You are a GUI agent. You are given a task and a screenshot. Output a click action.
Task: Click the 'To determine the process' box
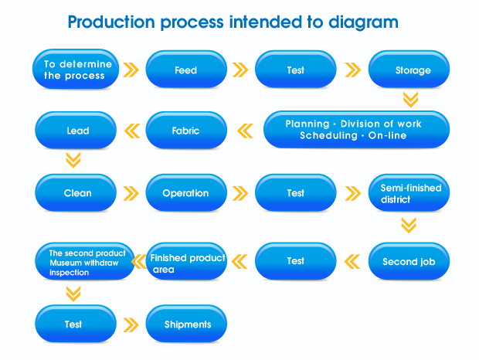tap(76, 69)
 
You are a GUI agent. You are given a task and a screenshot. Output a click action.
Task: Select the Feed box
tap(186, 70)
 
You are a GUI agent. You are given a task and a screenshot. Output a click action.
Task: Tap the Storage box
tap(409, 70)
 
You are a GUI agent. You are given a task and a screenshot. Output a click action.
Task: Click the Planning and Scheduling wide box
tap(356, 130)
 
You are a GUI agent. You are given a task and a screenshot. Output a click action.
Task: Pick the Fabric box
tap(186, 130)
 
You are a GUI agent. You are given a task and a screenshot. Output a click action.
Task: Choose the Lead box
tap(76, 130)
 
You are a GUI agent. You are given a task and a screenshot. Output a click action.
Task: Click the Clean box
tap(76, 192)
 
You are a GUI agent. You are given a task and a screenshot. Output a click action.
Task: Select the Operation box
tap(186, 192)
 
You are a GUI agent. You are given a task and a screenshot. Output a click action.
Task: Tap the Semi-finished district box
tap(409, 192)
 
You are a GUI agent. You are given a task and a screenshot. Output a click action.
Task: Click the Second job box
tap(409, 261)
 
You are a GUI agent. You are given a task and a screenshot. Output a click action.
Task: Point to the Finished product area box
tap(186, 261)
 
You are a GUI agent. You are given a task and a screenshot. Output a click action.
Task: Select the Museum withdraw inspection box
tap(85, 261)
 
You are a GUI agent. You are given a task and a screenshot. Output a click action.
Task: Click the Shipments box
tap(186, 324)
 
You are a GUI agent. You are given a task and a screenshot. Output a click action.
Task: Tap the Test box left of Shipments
tap(76, 324)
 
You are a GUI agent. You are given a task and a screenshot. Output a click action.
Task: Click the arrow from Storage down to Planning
tap(410, 100)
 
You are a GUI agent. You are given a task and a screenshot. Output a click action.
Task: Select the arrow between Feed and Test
tap(240, 70)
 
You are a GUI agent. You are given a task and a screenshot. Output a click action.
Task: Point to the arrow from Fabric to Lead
tap(132, 131)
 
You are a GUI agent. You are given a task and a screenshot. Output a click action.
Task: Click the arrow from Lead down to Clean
tap(73, 160)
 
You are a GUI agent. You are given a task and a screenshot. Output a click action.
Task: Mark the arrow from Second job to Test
tap(352, 262)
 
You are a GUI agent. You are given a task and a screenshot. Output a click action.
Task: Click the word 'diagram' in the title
tap(363, 22)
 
